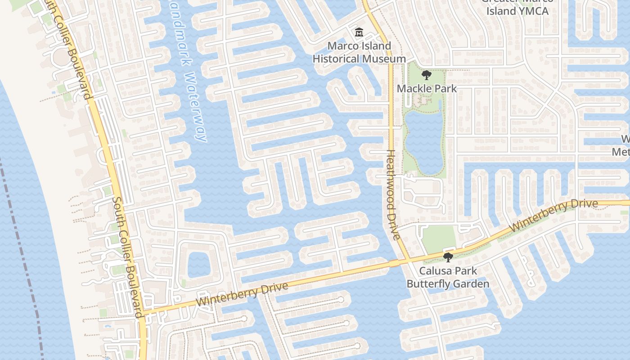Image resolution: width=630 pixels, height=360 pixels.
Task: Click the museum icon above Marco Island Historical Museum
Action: pyautogui.click(x=359, y=32)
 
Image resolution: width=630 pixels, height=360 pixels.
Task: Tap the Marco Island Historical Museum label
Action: pyautogui.click(x=359, y=52)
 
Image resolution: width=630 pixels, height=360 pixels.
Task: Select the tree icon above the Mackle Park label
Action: pyautogui.click(x=426, y=75)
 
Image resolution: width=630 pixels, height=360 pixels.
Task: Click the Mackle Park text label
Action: pyautogui.click(x=426, y=89)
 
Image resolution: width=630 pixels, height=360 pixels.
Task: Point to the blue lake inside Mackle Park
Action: pyautogui.click(x=424, y=139)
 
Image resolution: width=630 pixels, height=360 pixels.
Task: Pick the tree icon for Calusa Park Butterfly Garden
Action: pyautogui.click(x=447, y=257)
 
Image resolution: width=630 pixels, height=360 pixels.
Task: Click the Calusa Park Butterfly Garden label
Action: pyautogui.click(x=448, y=277)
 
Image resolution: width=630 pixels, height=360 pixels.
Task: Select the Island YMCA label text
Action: pyautogui.click(x=517, y=11)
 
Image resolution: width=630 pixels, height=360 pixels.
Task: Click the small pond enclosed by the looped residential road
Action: pyautogui.click(x=198, y=265)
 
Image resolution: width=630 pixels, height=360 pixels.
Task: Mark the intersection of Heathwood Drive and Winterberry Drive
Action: pyautogui.click(x=409, y=260)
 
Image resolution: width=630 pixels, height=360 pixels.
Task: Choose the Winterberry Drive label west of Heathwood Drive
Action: pyautogui.click(x=242, y=295)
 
